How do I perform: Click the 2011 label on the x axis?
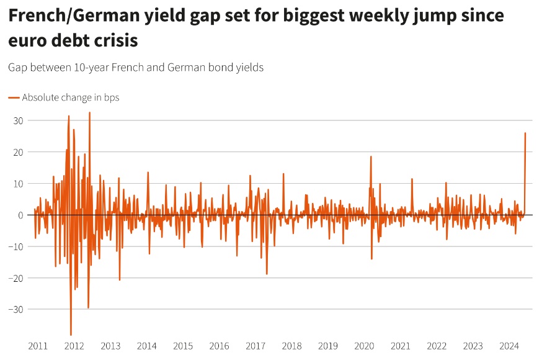coord(38,346)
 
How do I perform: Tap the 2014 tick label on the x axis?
coord(147,346)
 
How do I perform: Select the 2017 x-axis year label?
coord(255,346)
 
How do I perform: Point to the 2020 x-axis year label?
coord(365,346)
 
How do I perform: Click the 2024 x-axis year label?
coord(509,346)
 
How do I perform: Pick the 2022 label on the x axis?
coord(437,346)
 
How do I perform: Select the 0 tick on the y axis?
coord(20,215)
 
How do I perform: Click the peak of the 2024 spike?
coord(525,133)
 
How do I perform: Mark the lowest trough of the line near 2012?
coord(71,335)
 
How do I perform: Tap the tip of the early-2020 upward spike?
coord(371,156)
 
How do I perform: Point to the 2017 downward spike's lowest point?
coord(267,274)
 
